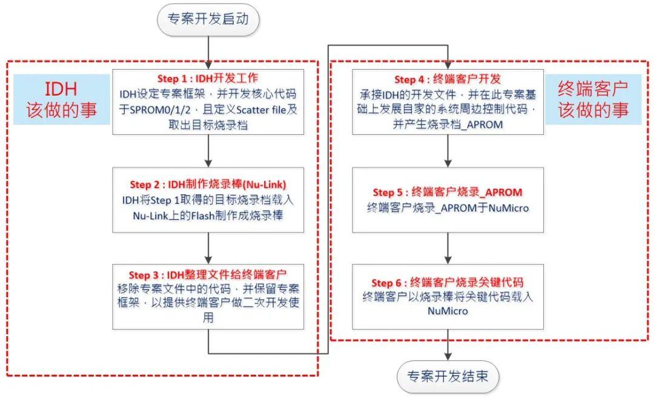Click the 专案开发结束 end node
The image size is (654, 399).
coord(448,377)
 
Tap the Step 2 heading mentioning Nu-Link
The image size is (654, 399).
coord(208,184)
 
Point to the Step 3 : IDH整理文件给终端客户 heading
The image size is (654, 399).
coord(208,275)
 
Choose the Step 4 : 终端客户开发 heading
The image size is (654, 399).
coord(448,79)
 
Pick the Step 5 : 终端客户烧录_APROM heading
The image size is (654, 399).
coord(448,193)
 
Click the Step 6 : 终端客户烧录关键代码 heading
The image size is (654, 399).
coord(448,283)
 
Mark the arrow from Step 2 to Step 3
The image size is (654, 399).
coord(208,247)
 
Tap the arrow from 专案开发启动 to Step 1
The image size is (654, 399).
coord(208,52)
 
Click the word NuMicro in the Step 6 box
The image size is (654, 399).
coord(448,311)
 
